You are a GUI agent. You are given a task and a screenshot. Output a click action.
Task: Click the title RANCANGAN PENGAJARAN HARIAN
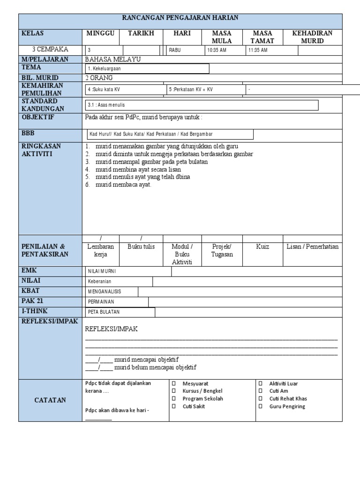[180, 18]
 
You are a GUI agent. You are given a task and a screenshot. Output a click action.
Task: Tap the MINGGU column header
[100, 33]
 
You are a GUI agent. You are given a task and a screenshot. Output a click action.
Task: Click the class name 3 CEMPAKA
[50, 49]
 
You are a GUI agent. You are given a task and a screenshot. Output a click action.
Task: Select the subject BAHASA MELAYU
[112, 60]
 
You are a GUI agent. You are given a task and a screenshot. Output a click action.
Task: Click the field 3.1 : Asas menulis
[106, 105]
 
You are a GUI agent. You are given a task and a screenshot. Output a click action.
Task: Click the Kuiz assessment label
[262, 247]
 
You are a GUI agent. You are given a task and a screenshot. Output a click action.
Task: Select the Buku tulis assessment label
[141, 247]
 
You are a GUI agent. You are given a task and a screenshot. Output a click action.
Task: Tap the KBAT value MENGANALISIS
[105, 292]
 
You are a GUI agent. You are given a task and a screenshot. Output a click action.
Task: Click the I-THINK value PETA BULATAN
[104, 312]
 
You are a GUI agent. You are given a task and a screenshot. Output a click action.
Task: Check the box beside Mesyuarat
[173, 383]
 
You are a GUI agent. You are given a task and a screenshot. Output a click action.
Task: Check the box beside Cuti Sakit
[173, 406]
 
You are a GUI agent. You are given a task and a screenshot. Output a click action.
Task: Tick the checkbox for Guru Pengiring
[261, 406]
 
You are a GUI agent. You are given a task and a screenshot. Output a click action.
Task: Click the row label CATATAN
[50, 400]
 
